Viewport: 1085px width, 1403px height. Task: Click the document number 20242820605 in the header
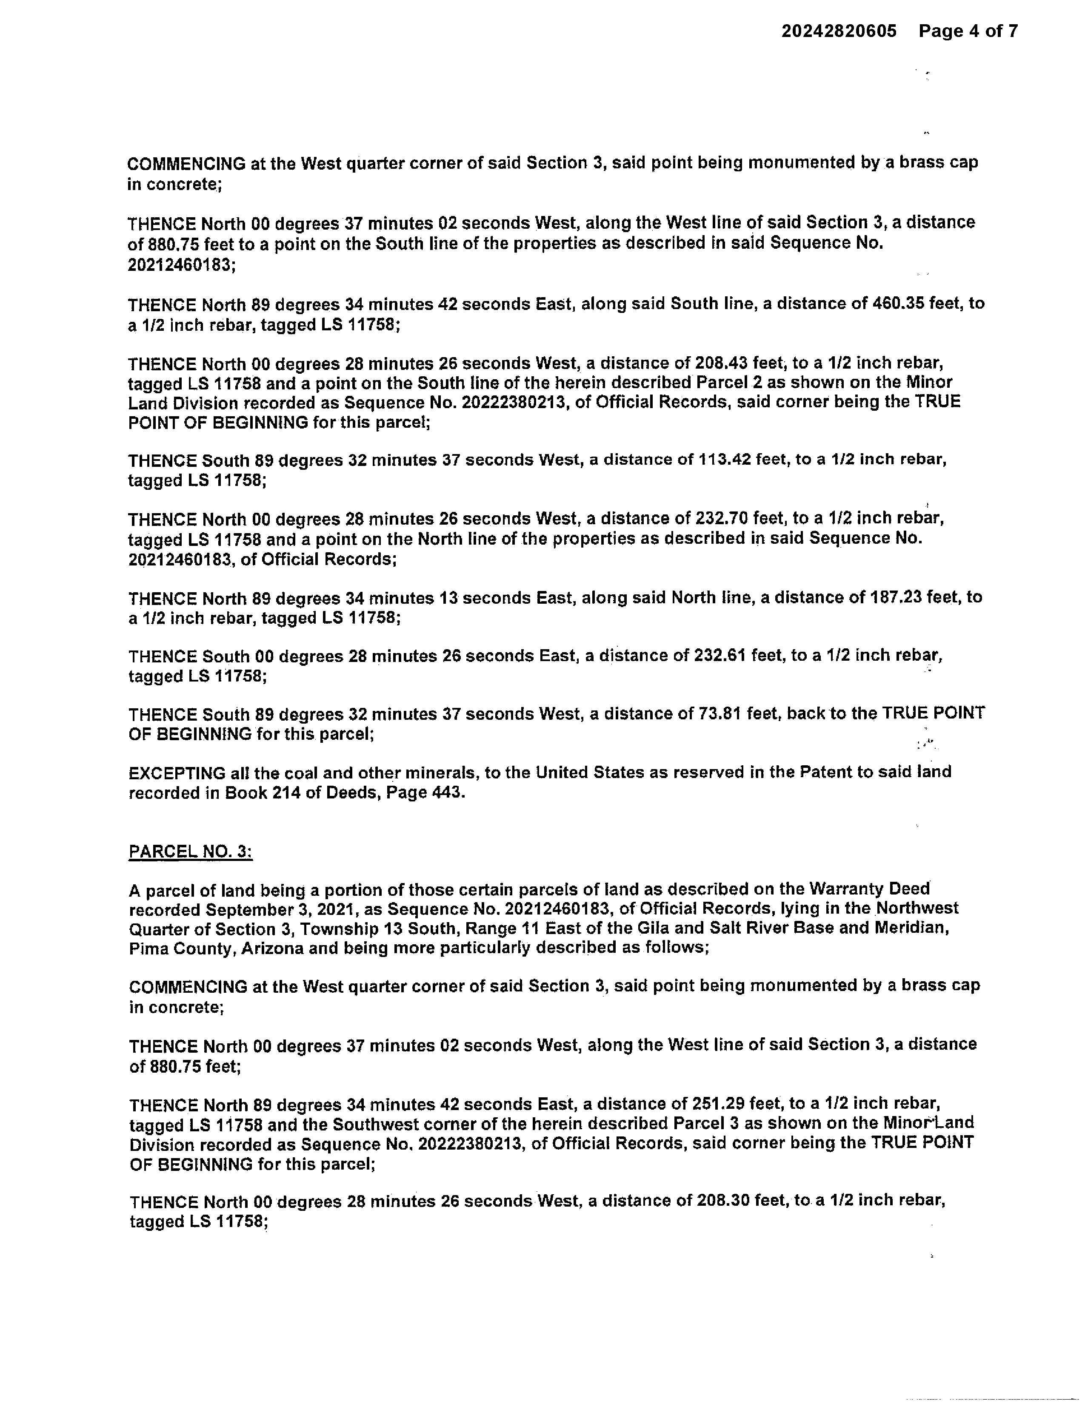[838, 31]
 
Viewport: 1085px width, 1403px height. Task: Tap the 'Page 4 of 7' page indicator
[968, 31]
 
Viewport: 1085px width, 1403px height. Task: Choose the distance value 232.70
[720, 518]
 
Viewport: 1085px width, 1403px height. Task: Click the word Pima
[148, 948]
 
